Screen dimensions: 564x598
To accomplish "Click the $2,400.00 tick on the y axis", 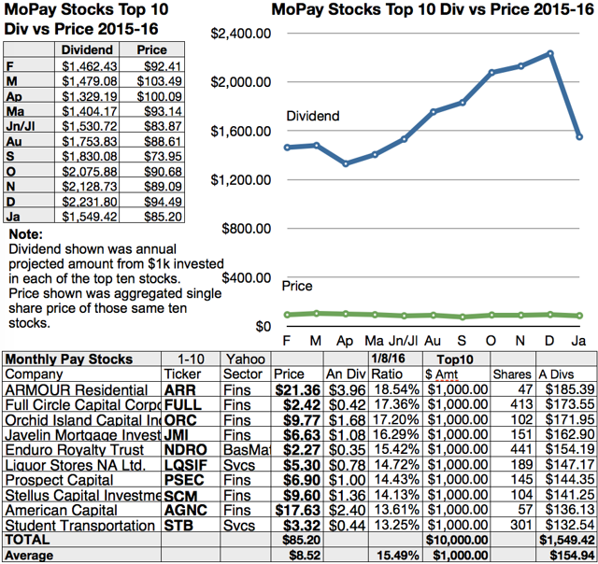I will (x=240, y=34).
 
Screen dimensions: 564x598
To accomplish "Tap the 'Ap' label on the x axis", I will (x=346, y=341).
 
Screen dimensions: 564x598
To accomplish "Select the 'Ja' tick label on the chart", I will (x=577, y=341).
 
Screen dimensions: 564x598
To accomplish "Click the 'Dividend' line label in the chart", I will (x=313, y=117).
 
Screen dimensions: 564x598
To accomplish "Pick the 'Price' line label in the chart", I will (x=297, y=286).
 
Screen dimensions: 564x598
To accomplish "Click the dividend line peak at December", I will (x=551, y=53).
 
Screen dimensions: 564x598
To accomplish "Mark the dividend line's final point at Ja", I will (x=579, y=136).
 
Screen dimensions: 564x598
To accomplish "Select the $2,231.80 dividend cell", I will (x=90, y=202).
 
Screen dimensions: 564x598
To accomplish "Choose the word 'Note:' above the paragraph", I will (x=25, y=236).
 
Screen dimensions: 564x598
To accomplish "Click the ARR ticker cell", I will (x=178, y=388).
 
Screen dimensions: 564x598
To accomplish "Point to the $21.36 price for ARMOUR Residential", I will (x=298, y=388).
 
